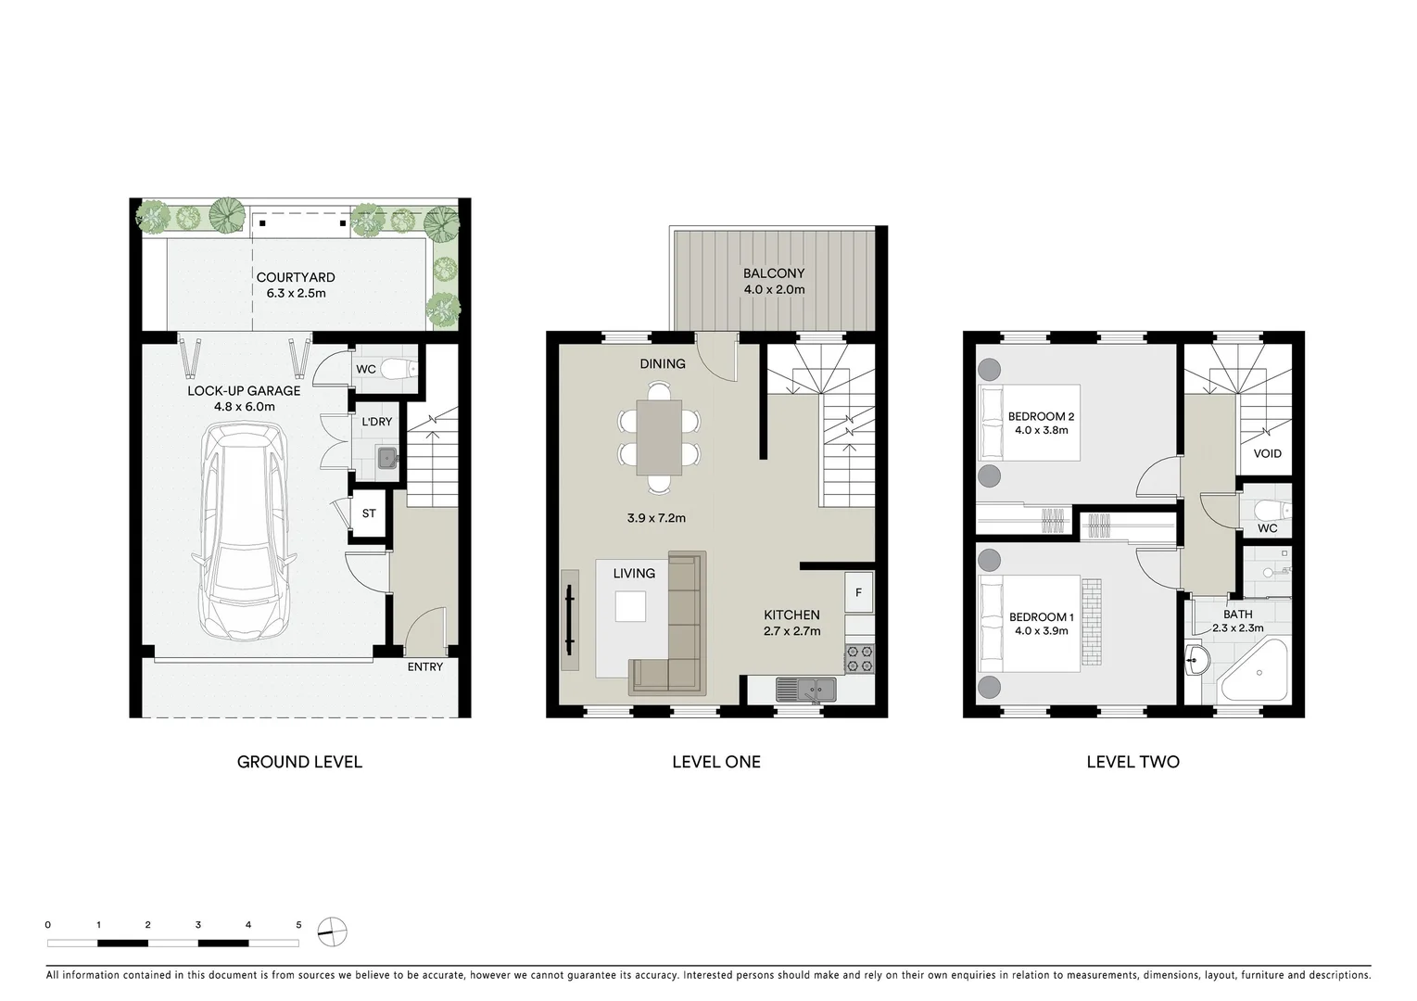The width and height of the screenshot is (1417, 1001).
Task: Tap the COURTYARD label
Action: [296, 277]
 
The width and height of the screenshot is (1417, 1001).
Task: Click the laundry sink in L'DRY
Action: [386, 457]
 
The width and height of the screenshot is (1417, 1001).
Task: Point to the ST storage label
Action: [369, 513]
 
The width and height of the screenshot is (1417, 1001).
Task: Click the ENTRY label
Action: [425, 666]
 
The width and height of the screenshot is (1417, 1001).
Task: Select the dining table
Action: [659, 437]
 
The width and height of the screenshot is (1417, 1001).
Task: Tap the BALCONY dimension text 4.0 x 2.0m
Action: [774, 289]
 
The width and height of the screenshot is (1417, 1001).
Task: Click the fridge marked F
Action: [858, 593]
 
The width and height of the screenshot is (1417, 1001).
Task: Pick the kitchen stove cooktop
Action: [858, 658]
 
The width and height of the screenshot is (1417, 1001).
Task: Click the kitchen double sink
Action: [805, 689]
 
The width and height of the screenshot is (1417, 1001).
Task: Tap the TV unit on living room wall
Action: [568, 617]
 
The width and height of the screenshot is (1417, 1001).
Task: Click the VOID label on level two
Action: [1267, 453]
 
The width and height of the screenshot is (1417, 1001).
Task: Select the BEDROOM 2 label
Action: [1041, 417]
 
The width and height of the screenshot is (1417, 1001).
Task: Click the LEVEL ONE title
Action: [715, 762]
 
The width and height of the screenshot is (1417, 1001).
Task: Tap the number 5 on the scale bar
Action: [298, 925]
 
